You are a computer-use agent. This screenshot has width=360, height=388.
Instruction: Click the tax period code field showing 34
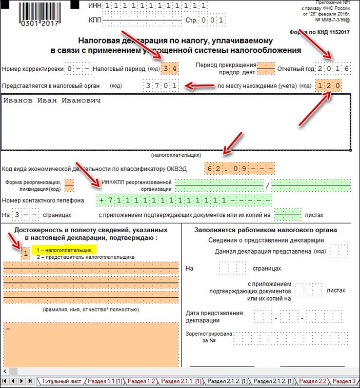(x=169, y=69)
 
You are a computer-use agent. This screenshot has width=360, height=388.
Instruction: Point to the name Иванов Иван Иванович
(x=52, y=100)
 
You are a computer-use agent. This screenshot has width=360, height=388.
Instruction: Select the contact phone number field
(x=184, y=198)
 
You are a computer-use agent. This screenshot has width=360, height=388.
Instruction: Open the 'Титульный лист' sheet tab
(x=61, y=381)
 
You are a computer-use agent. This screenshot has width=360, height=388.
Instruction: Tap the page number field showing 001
(x=211, y=21)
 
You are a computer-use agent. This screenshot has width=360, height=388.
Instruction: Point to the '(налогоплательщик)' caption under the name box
(x=176, y=154)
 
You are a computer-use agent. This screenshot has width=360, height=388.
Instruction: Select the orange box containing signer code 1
(x=25, y=253)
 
